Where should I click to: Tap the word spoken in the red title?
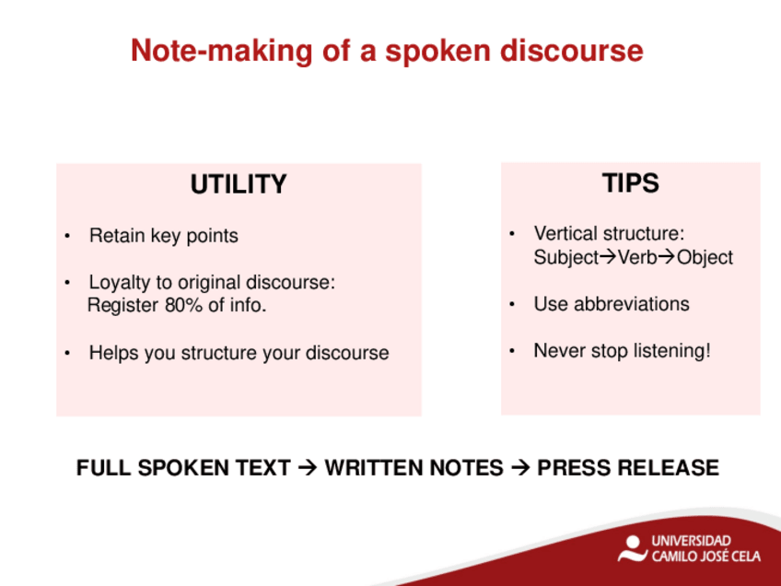(x=438, y=52)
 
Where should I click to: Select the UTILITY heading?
(x=239, y=184)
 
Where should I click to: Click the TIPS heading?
(x=631, y=182)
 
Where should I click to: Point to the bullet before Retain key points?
(x=67, y=236)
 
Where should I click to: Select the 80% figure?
(x=183, y=305)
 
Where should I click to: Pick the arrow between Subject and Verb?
(x=608, y=257)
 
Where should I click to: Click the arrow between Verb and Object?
(x=667, y=257)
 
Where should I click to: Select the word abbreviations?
(x=632, y=304)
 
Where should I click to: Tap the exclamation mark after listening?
(x=706, y=350)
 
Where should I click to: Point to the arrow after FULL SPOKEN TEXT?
(x=308, y=468)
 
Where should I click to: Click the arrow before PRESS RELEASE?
(x=520, y=468)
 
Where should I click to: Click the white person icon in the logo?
(x=632, y=548)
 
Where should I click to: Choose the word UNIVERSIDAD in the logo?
(x=692, y=541)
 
